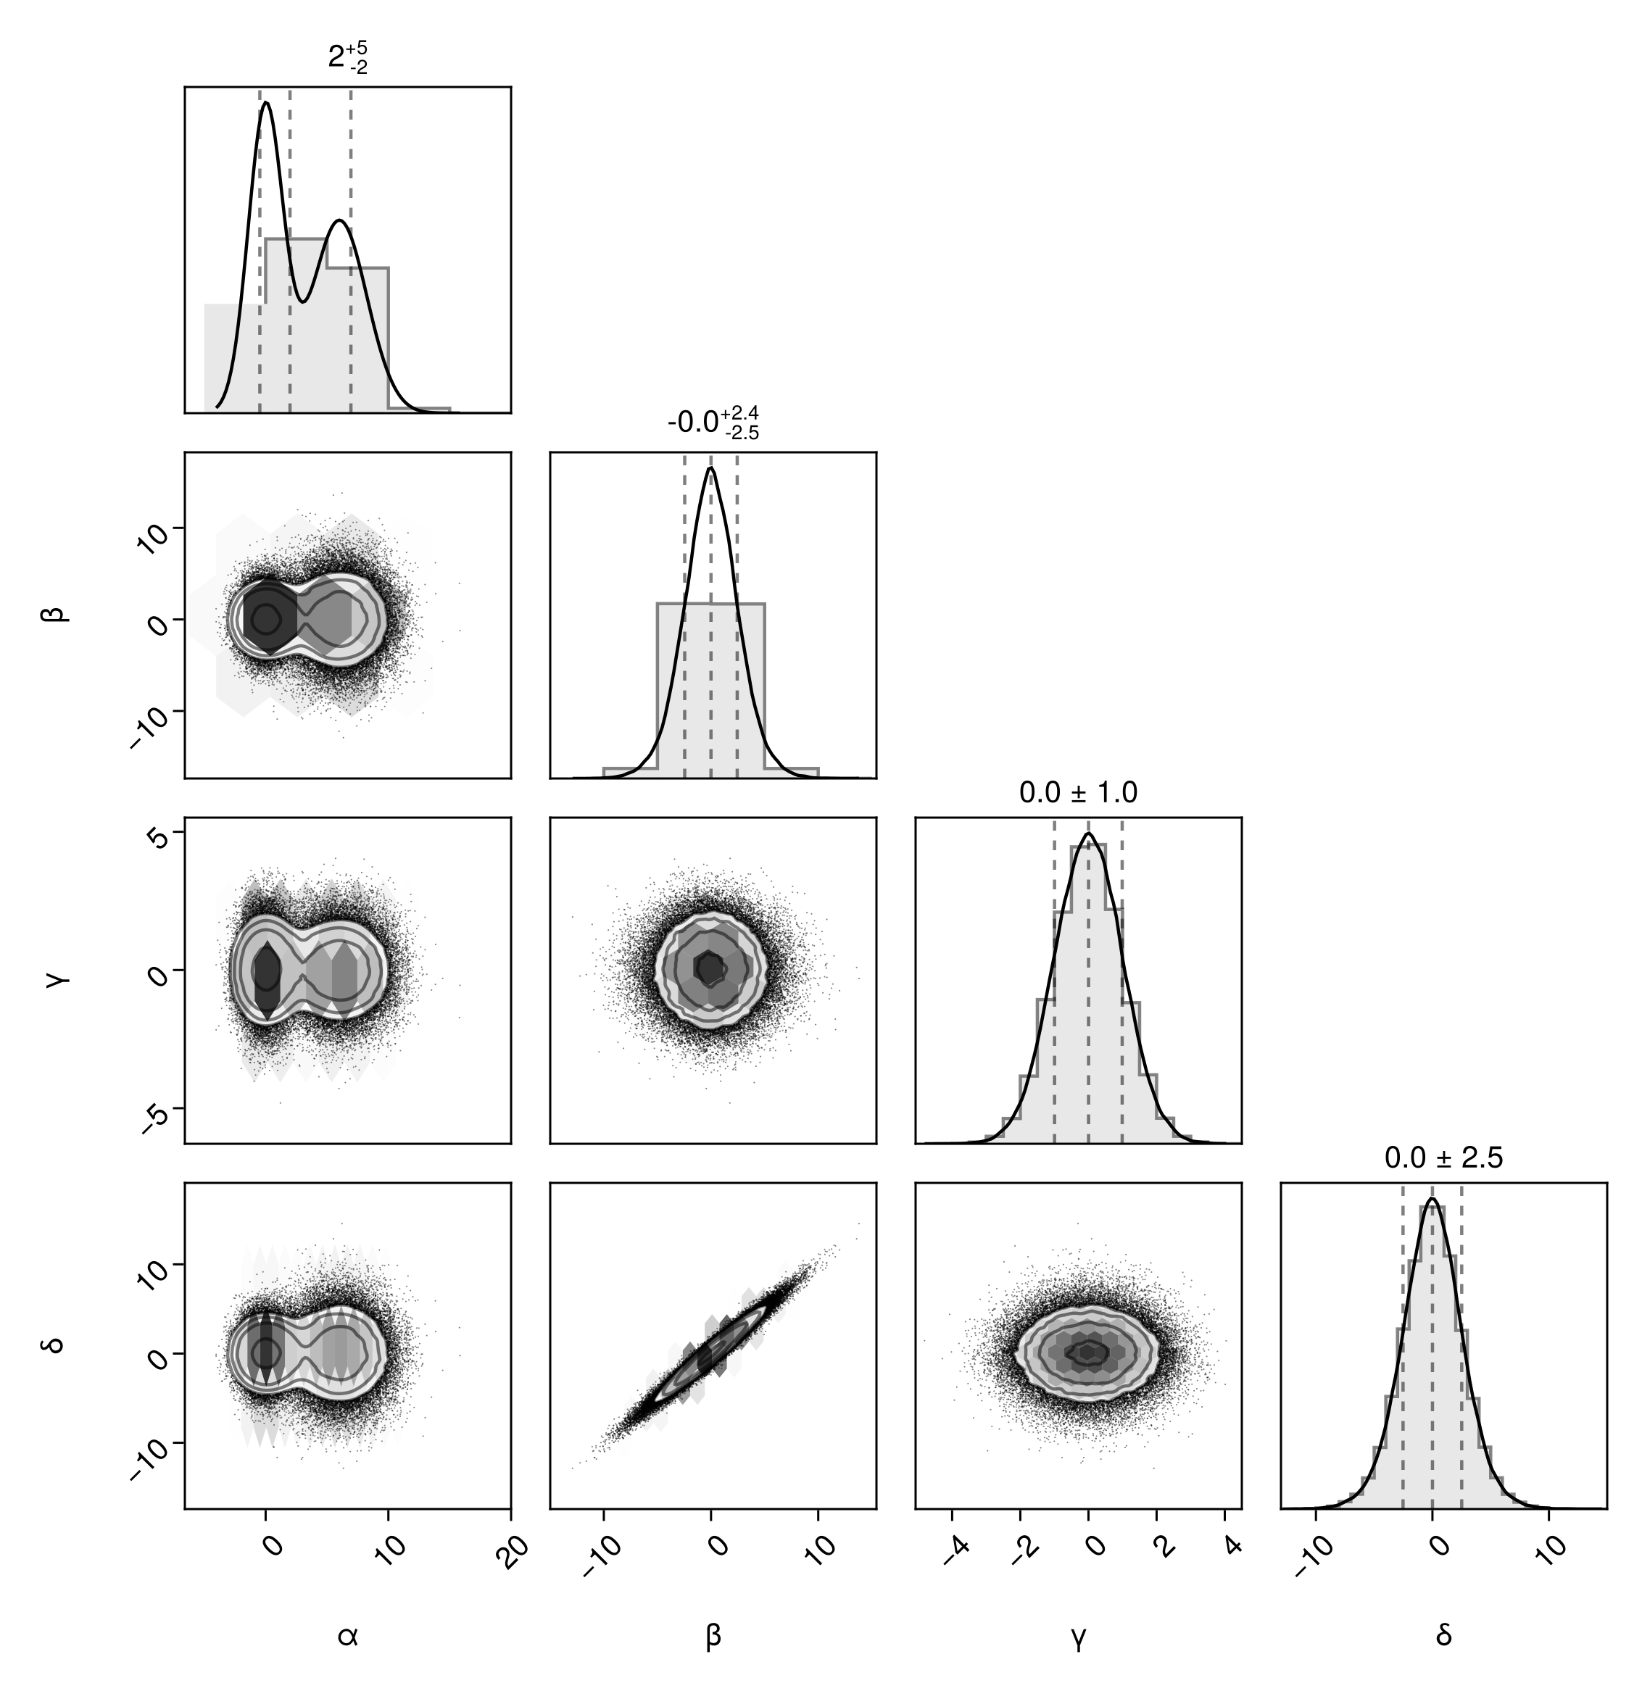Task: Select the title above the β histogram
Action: click(713, 423)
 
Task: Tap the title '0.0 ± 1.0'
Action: click(1078, 792)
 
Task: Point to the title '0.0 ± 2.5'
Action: click(1443, 1158)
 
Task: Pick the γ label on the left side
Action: click(57, 981)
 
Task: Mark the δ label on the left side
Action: click(57, 1345)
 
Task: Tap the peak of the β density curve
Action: click(710, 468)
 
